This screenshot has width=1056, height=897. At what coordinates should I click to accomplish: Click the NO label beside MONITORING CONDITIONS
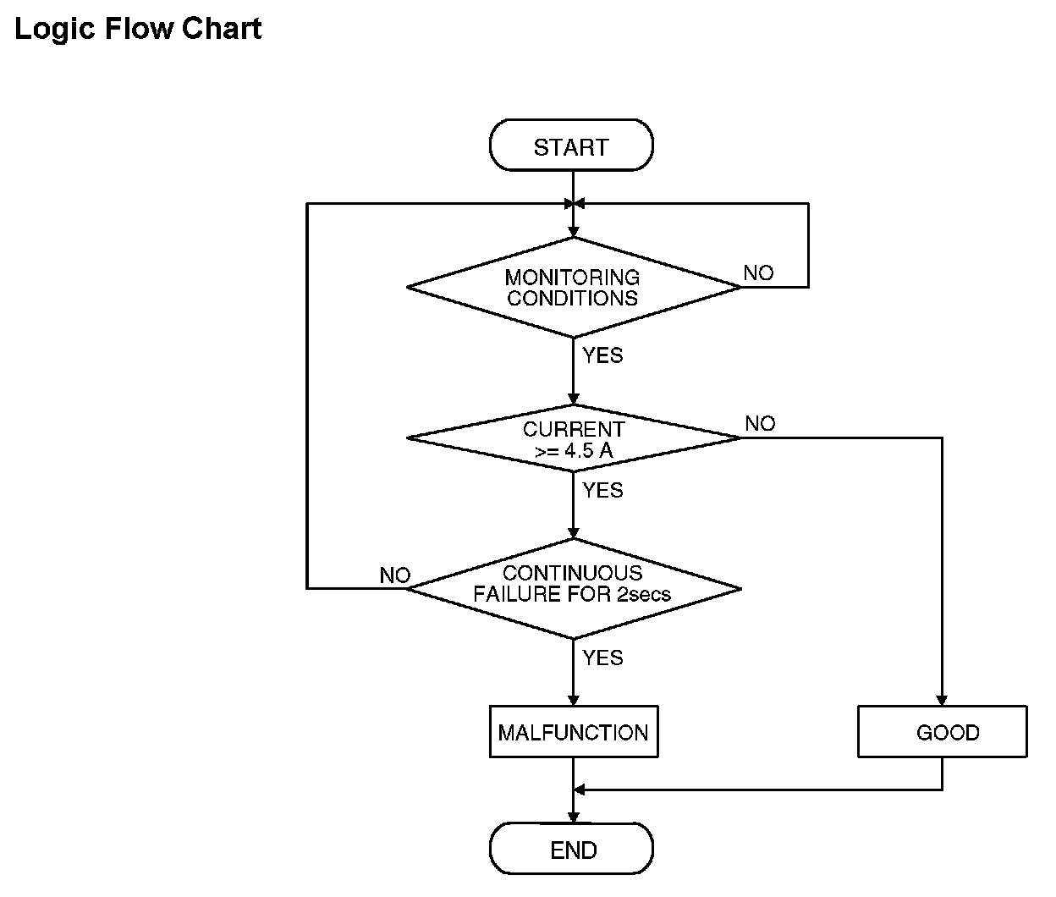pyautogui.click(x=759, y=272)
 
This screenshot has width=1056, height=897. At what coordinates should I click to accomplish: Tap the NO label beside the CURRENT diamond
pyautogui.click(x=760, y=423)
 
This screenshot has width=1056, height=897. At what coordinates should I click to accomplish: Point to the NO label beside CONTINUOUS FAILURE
pyautogui.click(x=395, y=575)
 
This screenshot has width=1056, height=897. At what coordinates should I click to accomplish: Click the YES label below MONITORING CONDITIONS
pyautogui.click(x=602, y=355)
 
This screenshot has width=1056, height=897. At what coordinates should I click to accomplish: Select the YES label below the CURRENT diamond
pyautogui.click(x=602, y=490)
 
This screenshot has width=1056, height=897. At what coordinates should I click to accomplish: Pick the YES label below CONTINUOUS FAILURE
pyautogui.click(x=602, y=658)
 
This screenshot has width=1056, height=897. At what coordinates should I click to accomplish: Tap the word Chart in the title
pyautogui.click(x=222, y=28)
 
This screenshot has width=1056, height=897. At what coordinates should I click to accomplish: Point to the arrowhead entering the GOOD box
pyautogui.click(x=942, y=700)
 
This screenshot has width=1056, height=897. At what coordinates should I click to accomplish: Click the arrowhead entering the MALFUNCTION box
pyautogui.click(x=573, y=700)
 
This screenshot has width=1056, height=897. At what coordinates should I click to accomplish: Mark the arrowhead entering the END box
pyautogui.click(x=573, y=817)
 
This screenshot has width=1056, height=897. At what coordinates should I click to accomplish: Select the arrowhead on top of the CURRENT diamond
pyautogui.click(x=573, y=399)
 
